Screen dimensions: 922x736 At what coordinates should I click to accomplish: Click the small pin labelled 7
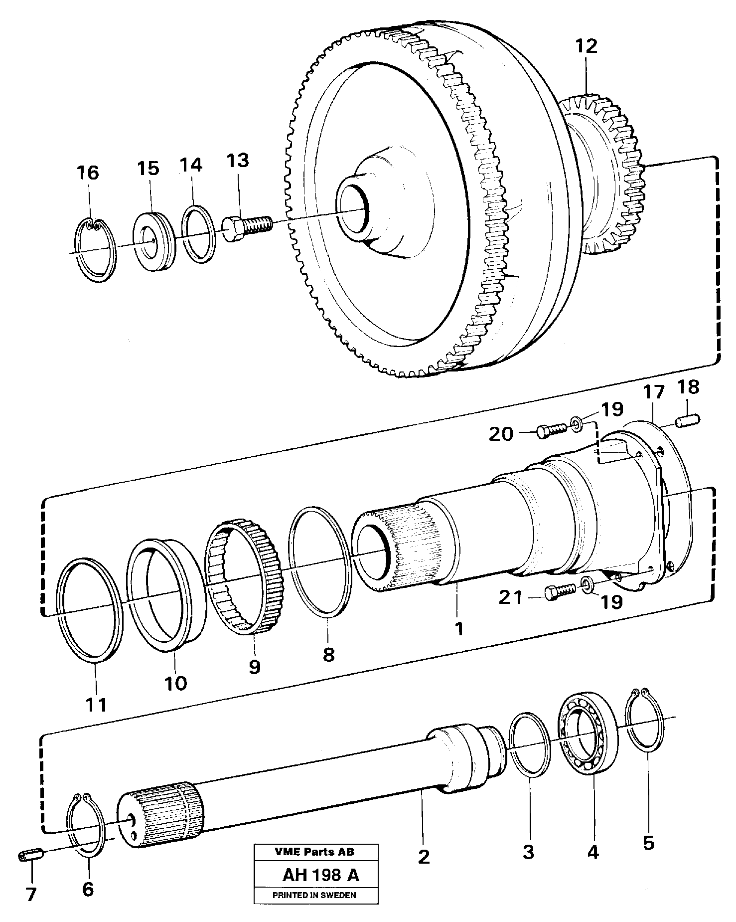31,856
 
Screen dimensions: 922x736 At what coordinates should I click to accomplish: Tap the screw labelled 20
551,429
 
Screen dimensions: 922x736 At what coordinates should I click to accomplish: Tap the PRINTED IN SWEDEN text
314,895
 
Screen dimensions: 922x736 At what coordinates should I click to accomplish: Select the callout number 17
653,392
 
